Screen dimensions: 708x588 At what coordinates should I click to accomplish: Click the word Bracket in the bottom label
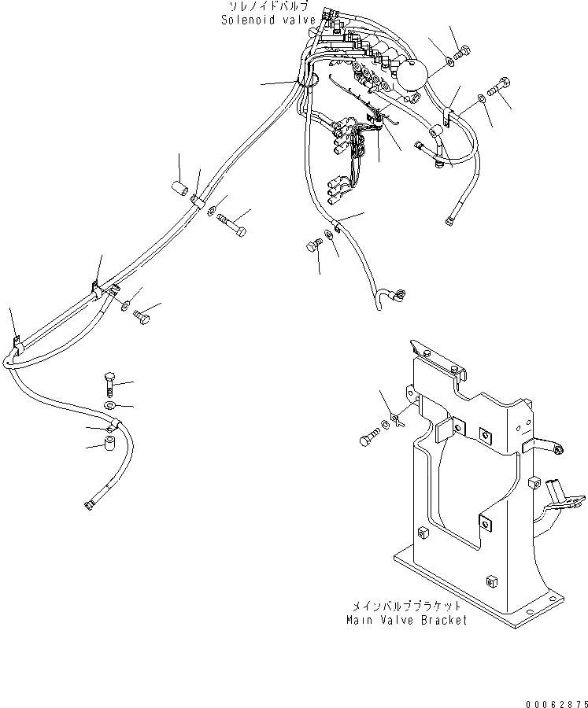point(442,620)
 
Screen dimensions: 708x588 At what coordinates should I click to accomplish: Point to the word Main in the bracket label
point(361,620)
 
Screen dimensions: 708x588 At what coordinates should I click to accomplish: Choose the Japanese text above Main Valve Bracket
point(407,607)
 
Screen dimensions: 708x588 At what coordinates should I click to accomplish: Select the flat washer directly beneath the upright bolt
point(109,405)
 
